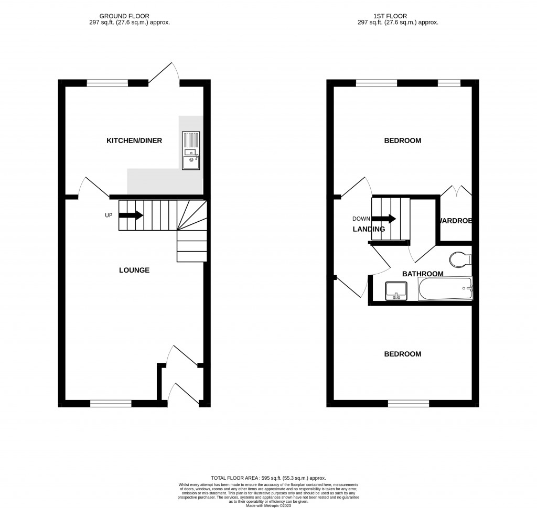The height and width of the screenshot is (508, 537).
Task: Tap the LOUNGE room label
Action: [x=134, y=271]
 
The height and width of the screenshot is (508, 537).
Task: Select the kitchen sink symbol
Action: [x=191, y=150]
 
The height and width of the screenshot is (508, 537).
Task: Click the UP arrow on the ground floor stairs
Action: [x=131, y=215]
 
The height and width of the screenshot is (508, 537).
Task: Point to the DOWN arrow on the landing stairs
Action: [x=384, y=219]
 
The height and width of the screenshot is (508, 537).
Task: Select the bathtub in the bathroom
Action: [x=445, y=289]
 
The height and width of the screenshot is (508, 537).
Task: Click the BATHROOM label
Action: [x=423, y=274]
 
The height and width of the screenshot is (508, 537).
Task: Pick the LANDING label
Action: [x=369, y=229]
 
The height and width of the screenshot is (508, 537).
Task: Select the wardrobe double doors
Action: [x=456, y=191]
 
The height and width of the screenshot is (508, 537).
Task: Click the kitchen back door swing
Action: [x=164, y=74]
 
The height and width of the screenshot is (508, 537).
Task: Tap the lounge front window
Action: [x=111, y=403]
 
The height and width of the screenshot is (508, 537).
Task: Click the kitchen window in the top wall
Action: [x=108, y=82]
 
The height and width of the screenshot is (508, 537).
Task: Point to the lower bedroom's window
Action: [x=409, y=403]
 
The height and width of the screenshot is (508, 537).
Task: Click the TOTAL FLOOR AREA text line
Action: [x=268, y=478]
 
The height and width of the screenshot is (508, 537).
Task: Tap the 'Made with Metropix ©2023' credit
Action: [x=268, y=504]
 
